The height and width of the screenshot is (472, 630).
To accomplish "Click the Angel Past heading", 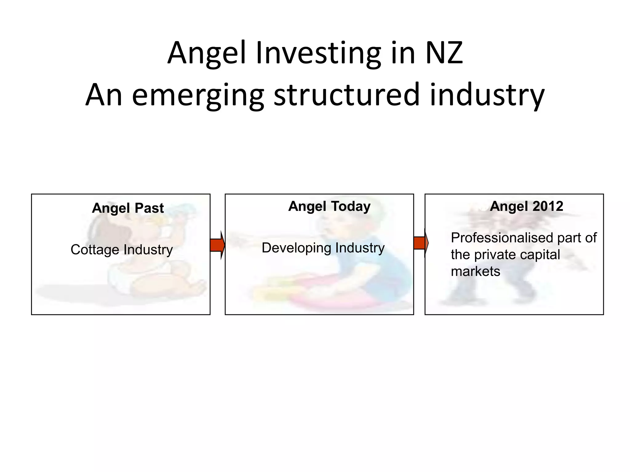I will [128, 208].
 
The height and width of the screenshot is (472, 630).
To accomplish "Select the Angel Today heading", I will [329, 206].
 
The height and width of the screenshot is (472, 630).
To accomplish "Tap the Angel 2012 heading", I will [526, 206].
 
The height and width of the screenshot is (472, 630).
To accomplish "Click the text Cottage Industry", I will [122, 250].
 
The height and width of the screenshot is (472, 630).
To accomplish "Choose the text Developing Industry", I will [323, 248].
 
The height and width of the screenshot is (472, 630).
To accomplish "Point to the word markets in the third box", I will [475, 272].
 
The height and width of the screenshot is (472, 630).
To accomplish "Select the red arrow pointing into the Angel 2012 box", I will [421, 243].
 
